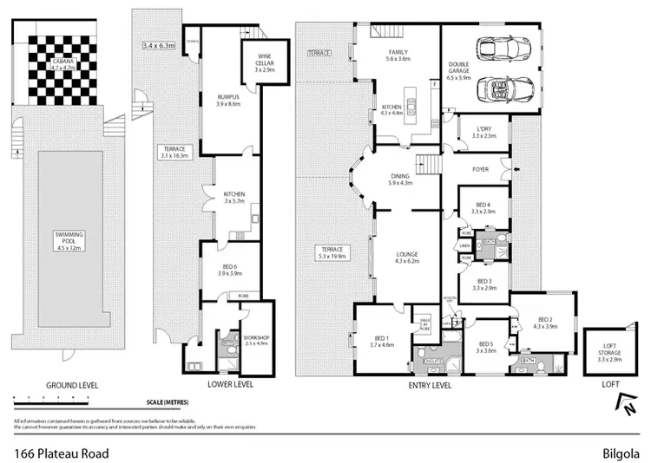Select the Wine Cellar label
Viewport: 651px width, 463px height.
click(x=265, y=63)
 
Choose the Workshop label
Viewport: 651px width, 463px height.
click(x=257, y=339)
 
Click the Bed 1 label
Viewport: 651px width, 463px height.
click(x=382, y=341)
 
